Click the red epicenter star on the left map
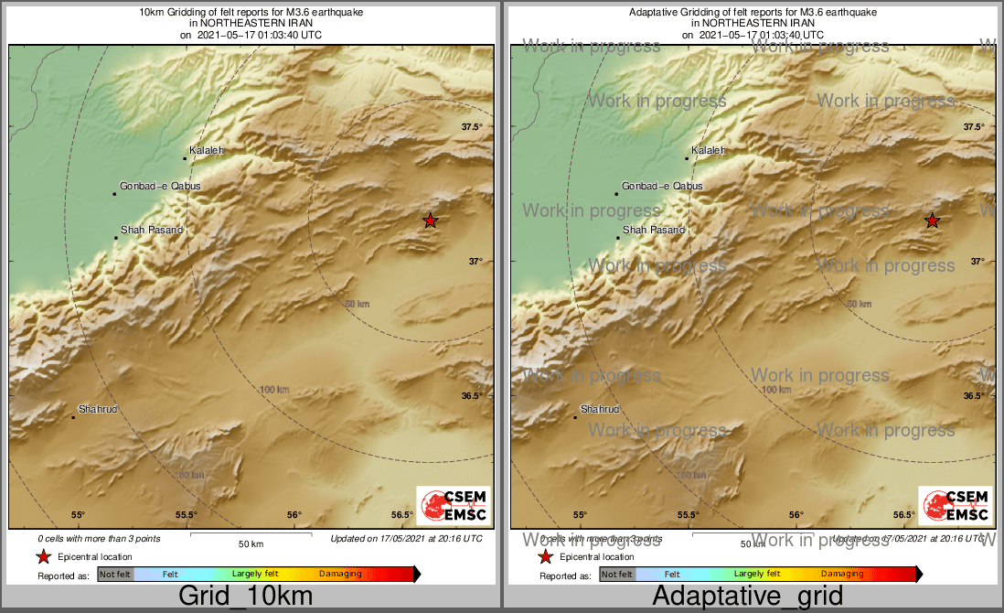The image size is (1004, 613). pyautogui.click(x=430, y=220)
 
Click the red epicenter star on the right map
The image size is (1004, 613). pyautogui.click(x=932, y=220)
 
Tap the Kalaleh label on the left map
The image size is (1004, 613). pyautogui.click(x=206, y=150)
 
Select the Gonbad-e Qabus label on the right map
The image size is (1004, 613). pyautogui.click(x=662, y=186)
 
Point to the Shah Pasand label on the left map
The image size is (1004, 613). pyautogui.click(x=152, y=230)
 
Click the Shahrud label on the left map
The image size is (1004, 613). pyautogui.click(x=98, y=409)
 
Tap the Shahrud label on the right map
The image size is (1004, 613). pyautogui.click(x=600, y=409)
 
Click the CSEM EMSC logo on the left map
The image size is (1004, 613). pyautogui.click(x=453, y=505)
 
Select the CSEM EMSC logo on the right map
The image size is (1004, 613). pyautogui.click(x=956, y=505)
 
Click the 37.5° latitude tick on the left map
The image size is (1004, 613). pyautogui.click(x=472, y=127)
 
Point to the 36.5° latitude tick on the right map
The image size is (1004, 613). pyautogui.click(x=974, y=396)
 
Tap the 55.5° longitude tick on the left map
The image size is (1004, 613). pyautogui.click(x=187, y=515)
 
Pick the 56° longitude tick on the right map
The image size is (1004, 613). pyautogui.click(x=796, y=515)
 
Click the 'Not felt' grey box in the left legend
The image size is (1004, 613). pyautogui.click(x=115, y=575)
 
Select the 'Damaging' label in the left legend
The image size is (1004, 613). pyautogui.click(x=340, y=575)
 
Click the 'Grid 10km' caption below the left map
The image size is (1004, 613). pyautogui.click(x=245, y=597)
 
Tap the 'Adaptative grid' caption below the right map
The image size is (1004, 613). pyautogui.click(x=748, y=597)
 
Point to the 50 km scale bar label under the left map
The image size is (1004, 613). pyautogui.click(x=251, y=544)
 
